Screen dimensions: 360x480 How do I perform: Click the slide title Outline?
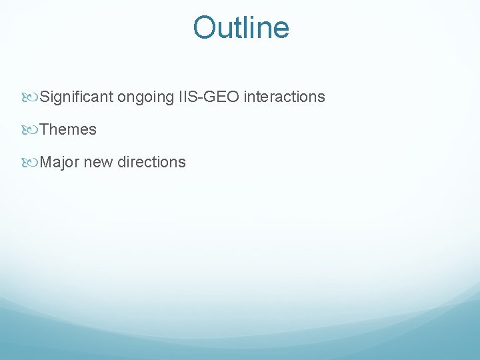pos(241,28)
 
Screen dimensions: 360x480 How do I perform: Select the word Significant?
pos(77,97)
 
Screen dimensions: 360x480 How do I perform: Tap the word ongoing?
pos(146,97)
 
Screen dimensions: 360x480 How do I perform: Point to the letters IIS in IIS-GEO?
pos(187,97)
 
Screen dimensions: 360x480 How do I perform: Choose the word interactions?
pos(284,97)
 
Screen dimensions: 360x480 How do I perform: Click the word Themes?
pos(68,130)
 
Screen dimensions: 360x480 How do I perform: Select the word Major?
pos(60,162)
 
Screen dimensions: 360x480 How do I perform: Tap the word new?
pos(98,162)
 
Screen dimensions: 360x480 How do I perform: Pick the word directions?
pos(151,162)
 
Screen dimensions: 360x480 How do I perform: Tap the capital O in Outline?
pos(203,28)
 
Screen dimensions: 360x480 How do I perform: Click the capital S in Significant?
pos(45,97)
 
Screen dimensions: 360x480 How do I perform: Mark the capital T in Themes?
pos(44,130)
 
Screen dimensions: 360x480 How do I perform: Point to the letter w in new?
pos(107,163)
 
